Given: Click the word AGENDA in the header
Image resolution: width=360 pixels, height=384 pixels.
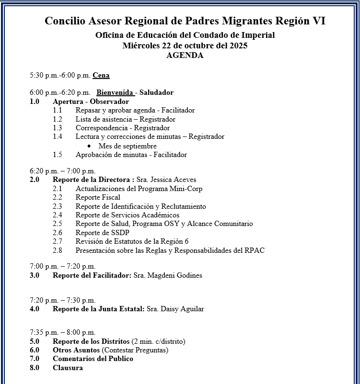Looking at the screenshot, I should pyautogui.click(x=185, y=55).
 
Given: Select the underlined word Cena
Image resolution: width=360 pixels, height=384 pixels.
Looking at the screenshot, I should pyautogui.click(x=101, y=75).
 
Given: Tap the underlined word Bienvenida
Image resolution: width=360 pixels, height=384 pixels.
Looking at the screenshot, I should pyautogui.click(x=115, y=92).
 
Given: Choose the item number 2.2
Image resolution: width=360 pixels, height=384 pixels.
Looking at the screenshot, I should pyautogui.click(x=58, y=197).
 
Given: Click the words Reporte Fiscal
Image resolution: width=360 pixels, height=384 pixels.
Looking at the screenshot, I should pyautogui.click(x=98, y=197).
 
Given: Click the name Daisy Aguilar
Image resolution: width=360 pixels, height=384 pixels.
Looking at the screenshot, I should pyautogui.click(x=181, y=309).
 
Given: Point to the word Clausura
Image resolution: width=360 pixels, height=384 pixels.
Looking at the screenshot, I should pyautogui.click(x=68, y=368).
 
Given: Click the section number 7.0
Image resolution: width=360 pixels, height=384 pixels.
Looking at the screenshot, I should pyautogui.click(x=35, y=359).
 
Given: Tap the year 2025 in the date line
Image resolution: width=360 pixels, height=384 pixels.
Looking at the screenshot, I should pyautogui.click(x=238, y=45).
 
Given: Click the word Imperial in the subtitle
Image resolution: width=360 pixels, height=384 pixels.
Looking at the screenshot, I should pyautogui.click(x=258, y=35).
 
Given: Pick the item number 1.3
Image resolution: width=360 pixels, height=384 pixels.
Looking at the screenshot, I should pyautogui.click(x=58, y=128).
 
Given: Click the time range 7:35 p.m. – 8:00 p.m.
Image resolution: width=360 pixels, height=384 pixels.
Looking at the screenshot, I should pyautogui.click(x=62, y=332).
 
